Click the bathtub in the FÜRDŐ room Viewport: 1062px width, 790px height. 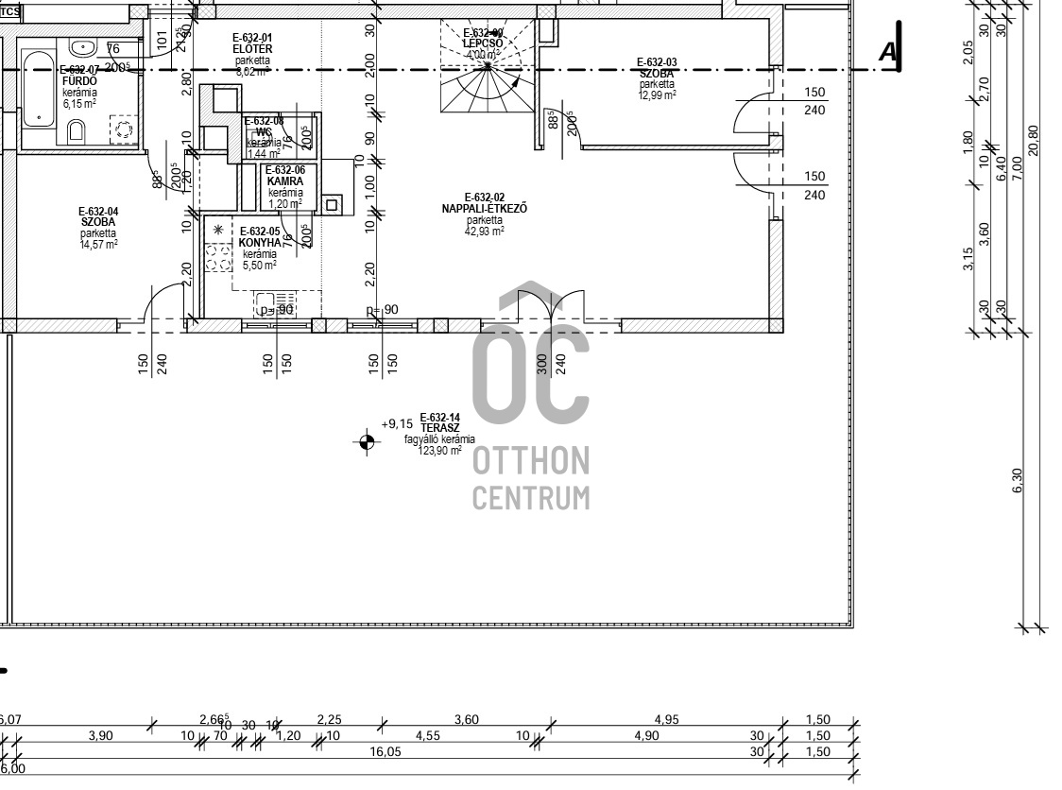point(39,99)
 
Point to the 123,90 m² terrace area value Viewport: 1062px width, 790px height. point(439,451)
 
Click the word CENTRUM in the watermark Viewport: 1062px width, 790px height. point(530,498)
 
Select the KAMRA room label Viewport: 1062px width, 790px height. point(284,180)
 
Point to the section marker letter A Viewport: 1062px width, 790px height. point(886,53)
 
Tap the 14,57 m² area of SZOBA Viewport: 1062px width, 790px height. point(98,244)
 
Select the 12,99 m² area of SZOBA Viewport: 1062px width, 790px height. point(658,94)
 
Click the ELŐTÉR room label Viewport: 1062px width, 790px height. point(252,48)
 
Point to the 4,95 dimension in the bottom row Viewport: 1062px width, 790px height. point(666,720)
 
